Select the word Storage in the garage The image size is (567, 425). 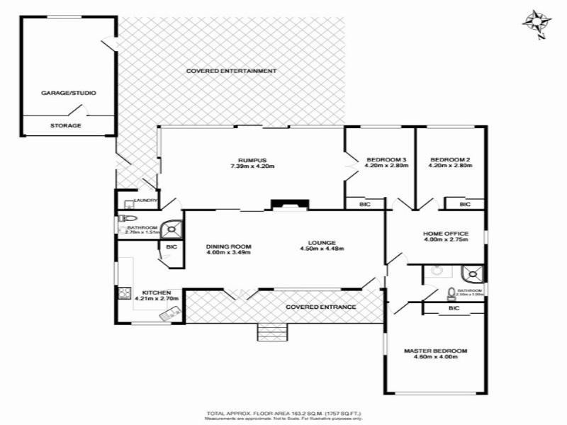click(x=65, y=125)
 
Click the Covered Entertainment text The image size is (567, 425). click(x=231, y=71)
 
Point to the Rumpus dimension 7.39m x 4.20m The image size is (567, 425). click(x=252, y=166)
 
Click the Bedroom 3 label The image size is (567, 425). click(x=386, y=159)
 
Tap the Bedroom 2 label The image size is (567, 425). click(x=450, y=159)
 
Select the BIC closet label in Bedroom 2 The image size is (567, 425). click(x=464, y=205)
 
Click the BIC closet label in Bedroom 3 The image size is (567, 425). click(x=365, y=205)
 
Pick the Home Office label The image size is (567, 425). click(x=445, y=233)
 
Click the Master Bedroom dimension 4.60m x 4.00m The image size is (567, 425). click(x=436, y=357)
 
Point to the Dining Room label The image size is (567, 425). click(x=229, y=246)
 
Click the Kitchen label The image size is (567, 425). click(x=156, y=293)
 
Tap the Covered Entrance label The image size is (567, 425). click(x=320, y=307)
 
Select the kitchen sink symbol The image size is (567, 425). click(x=124, y=291)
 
